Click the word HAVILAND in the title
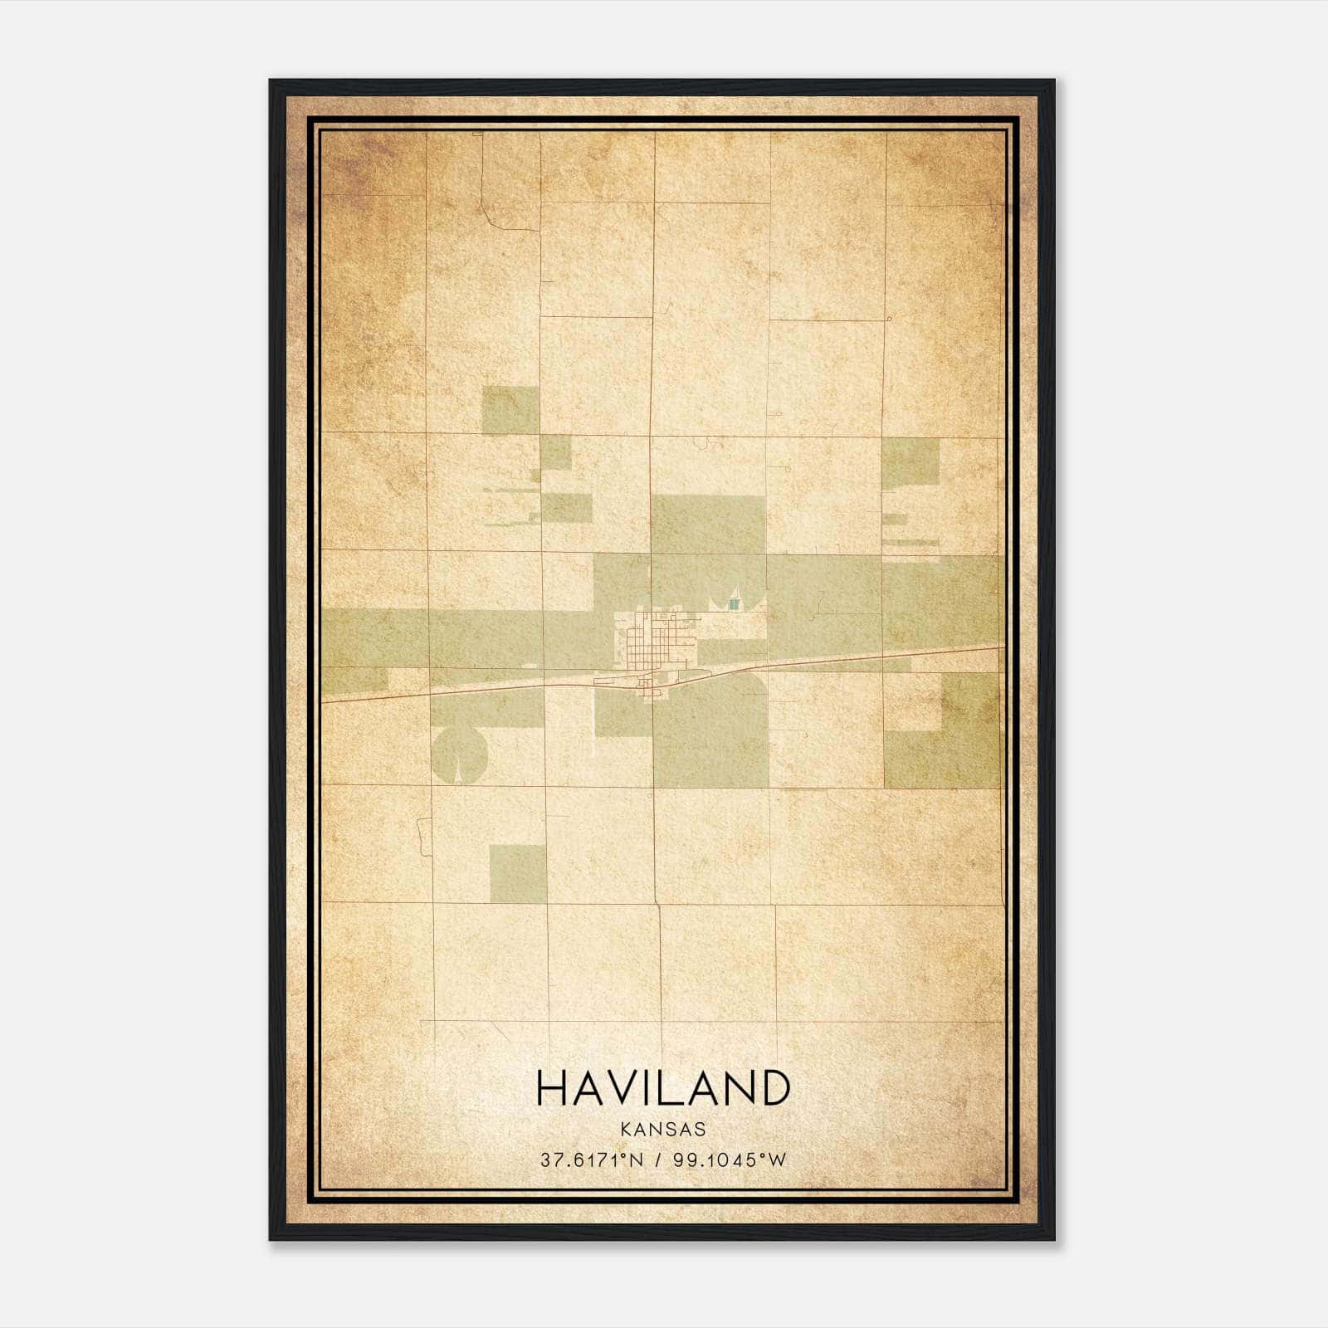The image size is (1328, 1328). point(663,1087)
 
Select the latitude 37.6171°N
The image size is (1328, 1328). point(592,1160)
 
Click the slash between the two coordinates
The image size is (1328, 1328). point(657,1160)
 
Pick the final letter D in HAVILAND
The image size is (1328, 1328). point(772,1087)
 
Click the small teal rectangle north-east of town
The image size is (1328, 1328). point(733,603)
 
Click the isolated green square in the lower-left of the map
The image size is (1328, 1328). point(518,873)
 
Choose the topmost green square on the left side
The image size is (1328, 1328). point(510,410)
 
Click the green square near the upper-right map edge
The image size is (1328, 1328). point(911,461)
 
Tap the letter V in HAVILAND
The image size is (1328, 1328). point(624,1087)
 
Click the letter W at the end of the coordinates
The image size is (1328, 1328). point(776,1160)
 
